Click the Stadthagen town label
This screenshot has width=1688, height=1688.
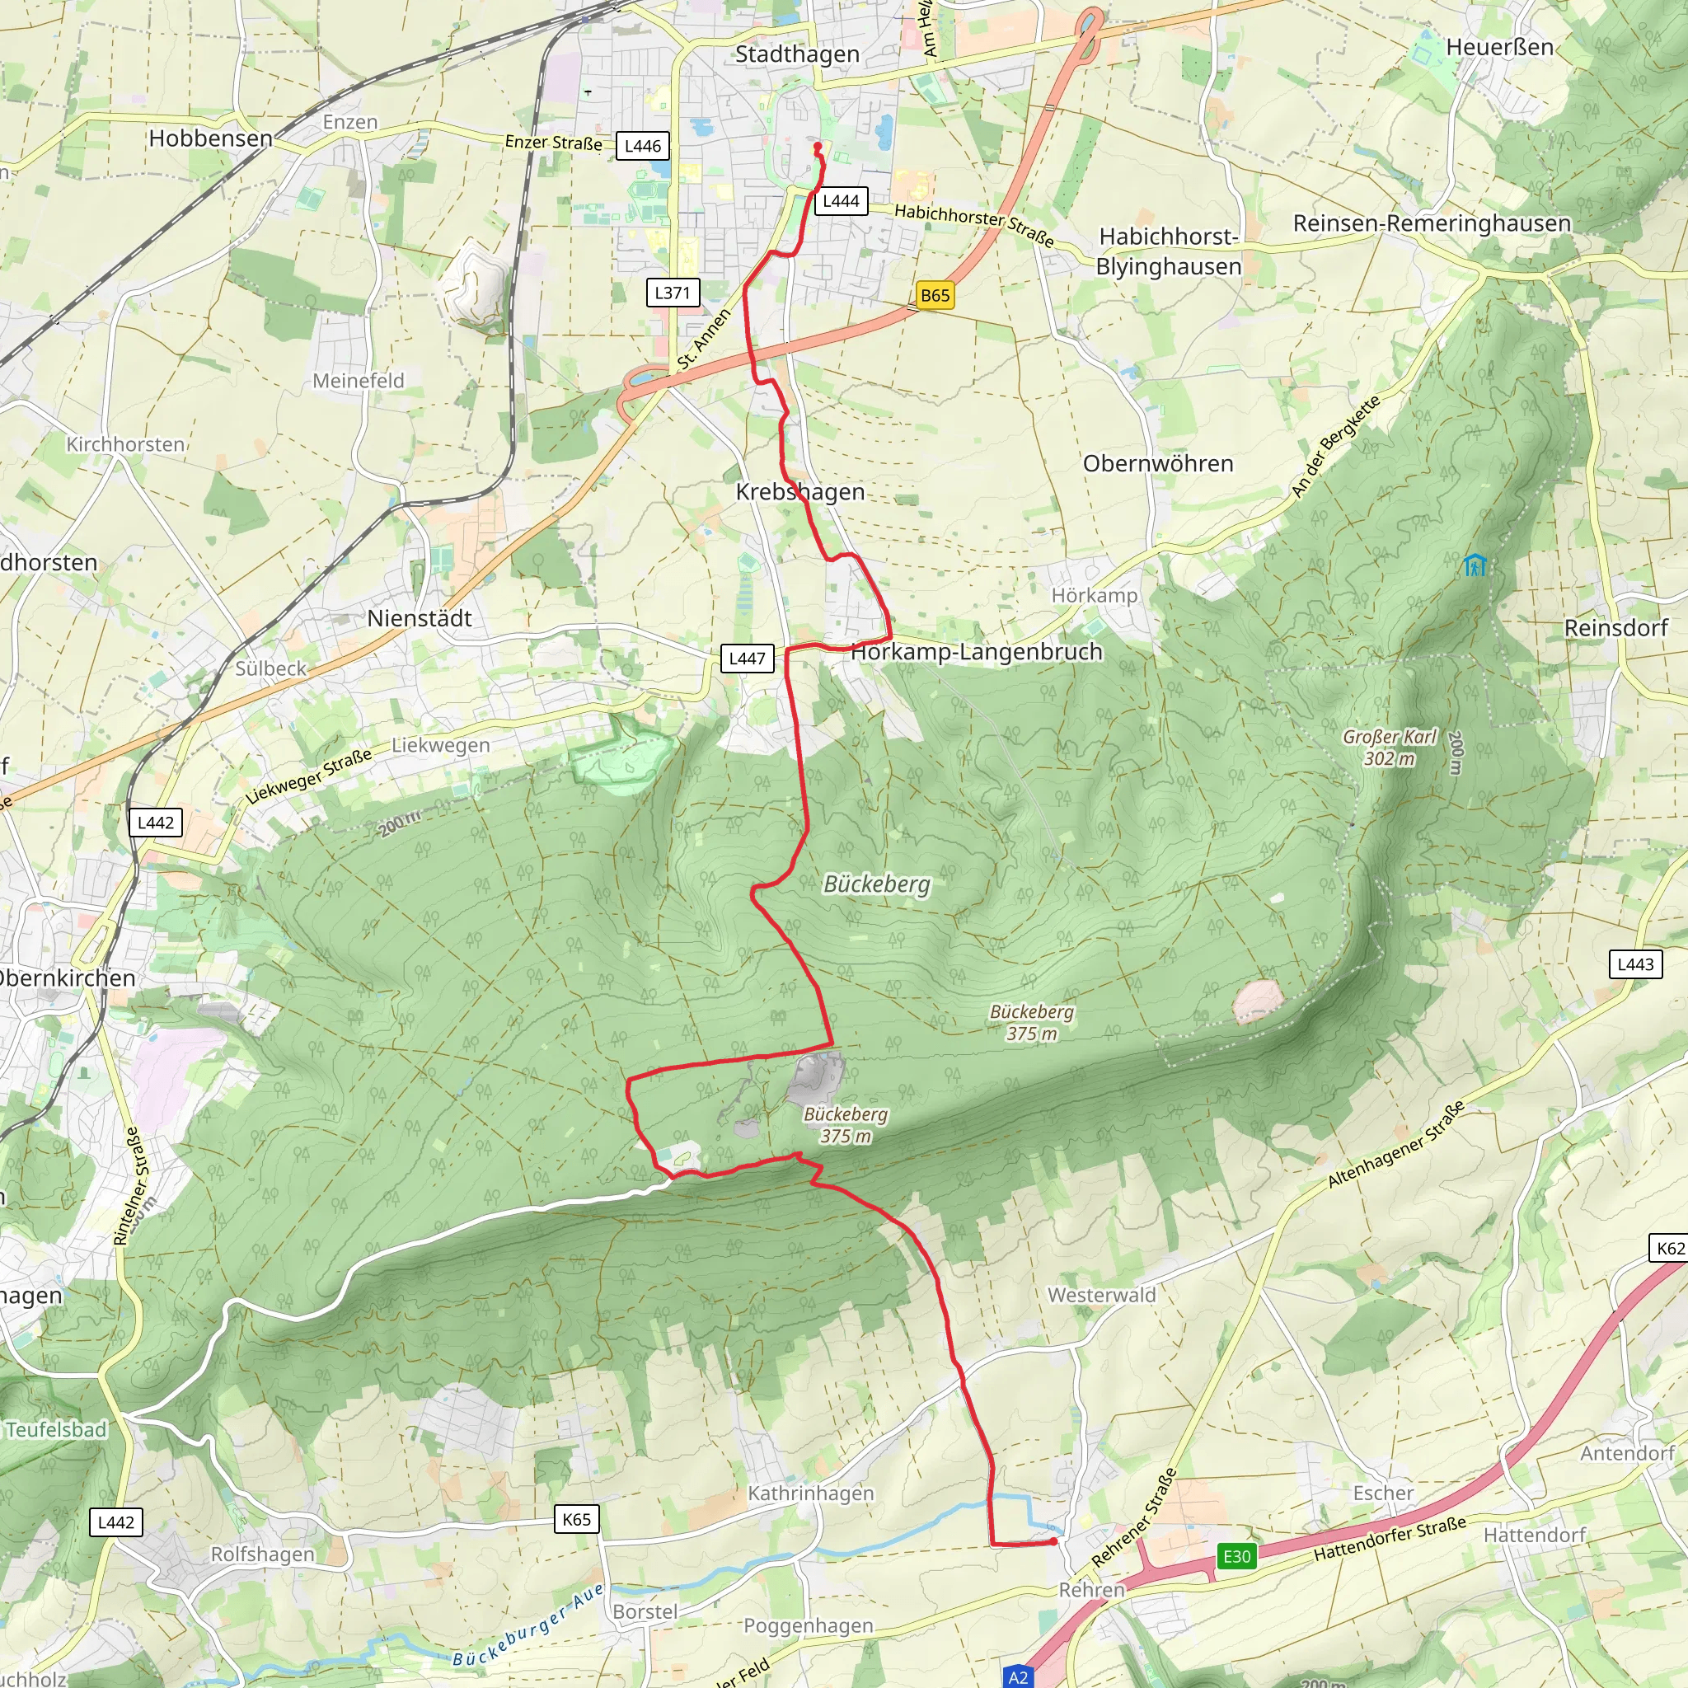pos(797,54)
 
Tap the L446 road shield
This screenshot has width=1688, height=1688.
pos(642,146)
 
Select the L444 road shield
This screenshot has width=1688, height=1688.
pos(841,201)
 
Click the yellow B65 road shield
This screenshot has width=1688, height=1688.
pos(934,295)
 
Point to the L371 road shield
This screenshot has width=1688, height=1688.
pos(672,293)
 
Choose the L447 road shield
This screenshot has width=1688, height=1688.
pos(747,658)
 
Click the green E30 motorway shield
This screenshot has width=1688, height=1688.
pos(1236,1556)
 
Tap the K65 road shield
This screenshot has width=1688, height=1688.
pos(577,1519)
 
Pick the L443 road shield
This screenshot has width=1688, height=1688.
pos(1634,964)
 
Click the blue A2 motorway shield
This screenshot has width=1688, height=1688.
pos(1018,1676)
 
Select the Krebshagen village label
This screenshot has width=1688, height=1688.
pos(800,492)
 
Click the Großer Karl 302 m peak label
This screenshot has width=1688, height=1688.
pos(1389,748)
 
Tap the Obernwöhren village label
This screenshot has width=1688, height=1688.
pos(1158,464)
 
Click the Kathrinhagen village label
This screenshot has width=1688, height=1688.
pos(811,1493)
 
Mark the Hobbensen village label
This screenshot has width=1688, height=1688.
pos(210,138)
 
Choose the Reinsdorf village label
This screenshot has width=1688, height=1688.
pos(1615,628)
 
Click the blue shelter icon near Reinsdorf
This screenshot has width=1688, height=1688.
pos(1475,565)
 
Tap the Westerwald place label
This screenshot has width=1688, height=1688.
pos(1101,1295)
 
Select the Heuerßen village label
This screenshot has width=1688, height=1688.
pos(1499,47)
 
